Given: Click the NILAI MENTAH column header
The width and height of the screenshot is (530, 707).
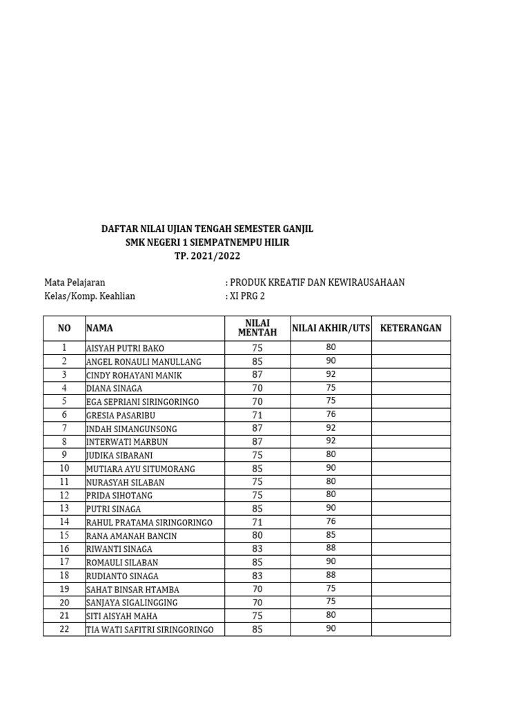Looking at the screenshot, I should (x=257, y=328).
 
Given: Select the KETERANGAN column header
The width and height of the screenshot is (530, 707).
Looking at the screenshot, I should (x=411, y=328).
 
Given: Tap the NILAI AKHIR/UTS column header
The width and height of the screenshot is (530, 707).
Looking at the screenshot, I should (x=331, y=328).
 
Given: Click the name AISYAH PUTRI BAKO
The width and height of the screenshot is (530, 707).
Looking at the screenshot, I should (x=125, y=349).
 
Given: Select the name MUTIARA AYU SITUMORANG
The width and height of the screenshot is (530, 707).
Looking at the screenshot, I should (x=140, y=469).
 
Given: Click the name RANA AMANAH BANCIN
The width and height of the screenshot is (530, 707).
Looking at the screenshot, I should (x=131, y=536).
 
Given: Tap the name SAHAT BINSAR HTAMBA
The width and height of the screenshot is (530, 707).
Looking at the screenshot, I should (x=132, y=589).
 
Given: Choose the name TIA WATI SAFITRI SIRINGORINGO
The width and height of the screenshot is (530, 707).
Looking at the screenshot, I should (x=150, y=630).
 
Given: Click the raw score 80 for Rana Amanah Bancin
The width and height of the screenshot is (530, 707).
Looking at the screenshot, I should (x=257, y=535).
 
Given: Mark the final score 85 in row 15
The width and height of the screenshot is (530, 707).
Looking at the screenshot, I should (x=331, y=535).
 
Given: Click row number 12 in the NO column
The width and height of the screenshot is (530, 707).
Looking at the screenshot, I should (x=64, y=495).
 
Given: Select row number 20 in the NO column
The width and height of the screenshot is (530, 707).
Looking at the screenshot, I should (x=64, y=602).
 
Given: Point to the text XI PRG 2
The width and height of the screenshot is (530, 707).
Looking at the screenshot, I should (x=247, y=296).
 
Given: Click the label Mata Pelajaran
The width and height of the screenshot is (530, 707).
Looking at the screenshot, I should (x=75, y=282).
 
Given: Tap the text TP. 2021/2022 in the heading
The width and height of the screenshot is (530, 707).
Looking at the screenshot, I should (x=207, y=256).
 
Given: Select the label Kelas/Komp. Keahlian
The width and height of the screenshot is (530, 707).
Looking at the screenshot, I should (x=90, y=296).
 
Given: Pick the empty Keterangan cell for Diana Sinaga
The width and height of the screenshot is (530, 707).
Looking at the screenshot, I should (x=411, y=389).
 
